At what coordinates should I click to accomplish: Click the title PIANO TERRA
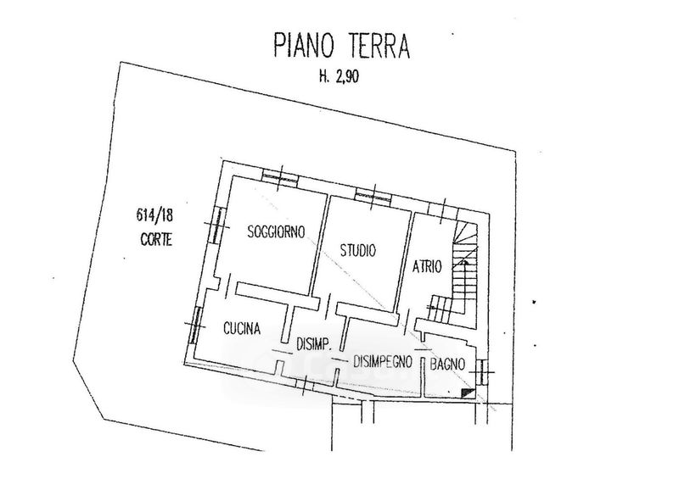(x=341, y=45)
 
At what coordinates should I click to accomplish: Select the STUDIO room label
(x=358, y=250)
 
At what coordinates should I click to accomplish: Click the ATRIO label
(x=427, y=266)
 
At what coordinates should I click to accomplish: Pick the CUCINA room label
(x=241, y=329)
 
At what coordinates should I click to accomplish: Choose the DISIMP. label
(x=313, y=344)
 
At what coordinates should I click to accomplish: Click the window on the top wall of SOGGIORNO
(x=279, y=177)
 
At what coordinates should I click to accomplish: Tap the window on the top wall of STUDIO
(x=373, y=192)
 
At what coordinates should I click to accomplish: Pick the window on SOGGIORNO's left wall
(x=216, y=224)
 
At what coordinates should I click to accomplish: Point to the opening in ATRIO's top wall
(x=441, y=209)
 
